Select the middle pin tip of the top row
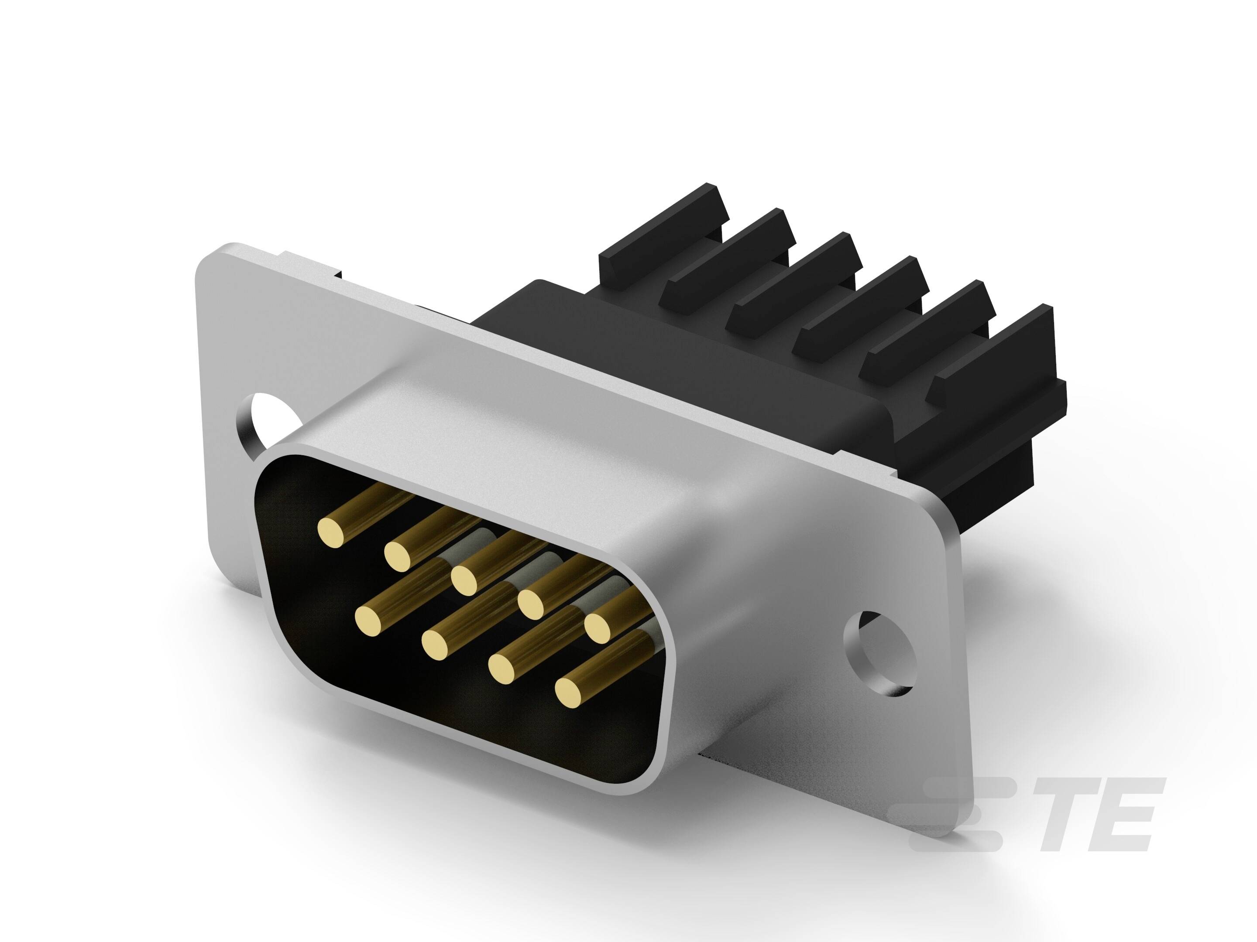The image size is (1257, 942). [x=465, y=579]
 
